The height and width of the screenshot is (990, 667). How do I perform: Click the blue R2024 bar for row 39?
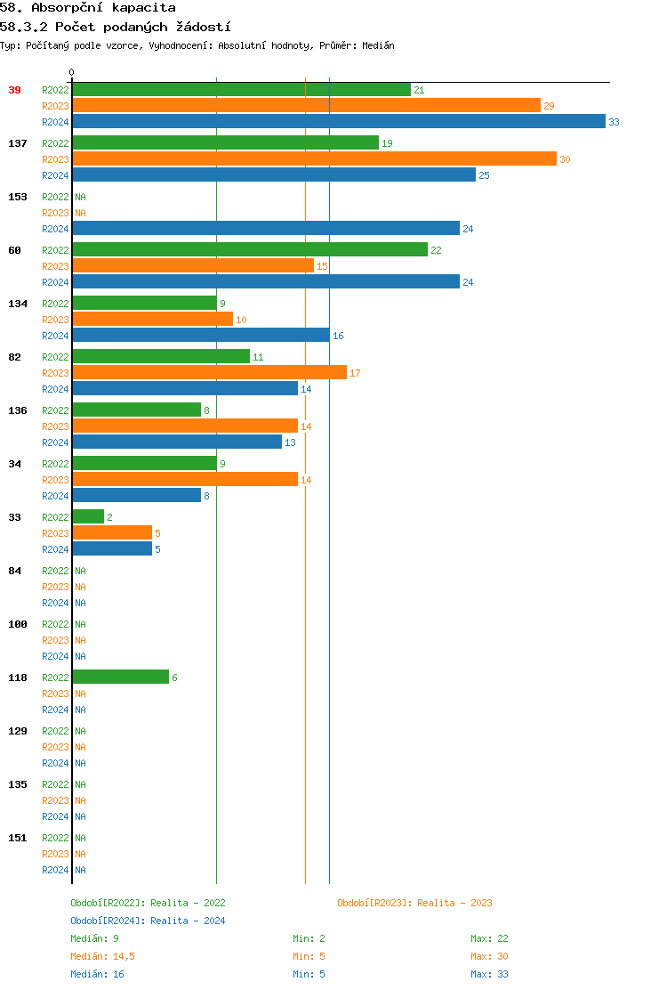[x=338, y=122]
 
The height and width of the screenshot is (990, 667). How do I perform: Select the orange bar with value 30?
[x=314, y=159]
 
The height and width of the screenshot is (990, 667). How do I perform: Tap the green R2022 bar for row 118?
[x=120, y=678]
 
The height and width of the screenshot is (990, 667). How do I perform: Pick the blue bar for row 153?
[x=266, y=229]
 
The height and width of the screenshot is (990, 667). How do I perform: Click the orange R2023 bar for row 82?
[x=209, y=373]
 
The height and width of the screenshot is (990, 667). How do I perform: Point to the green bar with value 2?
[x=88, y=517]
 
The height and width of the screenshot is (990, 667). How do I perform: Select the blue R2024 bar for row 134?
[x=200, y=336]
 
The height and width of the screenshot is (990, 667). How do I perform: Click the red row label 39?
[x=15, y=90]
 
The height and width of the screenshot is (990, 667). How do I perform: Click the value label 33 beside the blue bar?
[x=614, y=122]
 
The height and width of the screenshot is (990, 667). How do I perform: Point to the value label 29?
[x=549, y=106]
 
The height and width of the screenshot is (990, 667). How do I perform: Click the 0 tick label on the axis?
[x=72, y=73]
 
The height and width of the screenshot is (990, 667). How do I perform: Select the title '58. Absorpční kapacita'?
[x=88, y=8]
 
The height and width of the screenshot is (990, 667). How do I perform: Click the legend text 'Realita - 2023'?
[x=454, y=903]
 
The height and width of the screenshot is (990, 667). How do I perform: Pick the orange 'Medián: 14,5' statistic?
[x=102, y=956]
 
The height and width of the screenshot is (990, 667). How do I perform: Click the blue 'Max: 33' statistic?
[x=489, y=974]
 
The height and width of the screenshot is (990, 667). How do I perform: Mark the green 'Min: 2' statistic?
[x=309, y=938]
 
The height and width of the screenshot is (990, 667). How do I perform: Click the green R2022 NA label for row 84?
[x=80, y=571]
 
